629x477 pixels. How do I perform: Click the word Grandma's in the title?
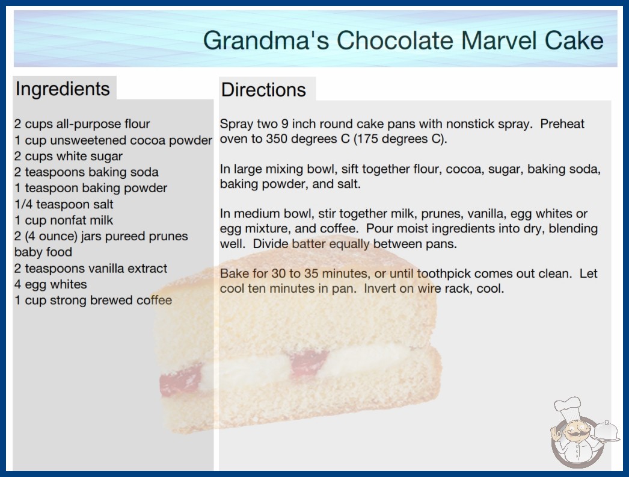[x=266, y=41]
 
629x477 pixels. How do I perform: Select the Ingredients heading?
[x=63, y=89]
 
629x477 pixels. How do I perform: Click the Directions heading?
[x=263, y=90]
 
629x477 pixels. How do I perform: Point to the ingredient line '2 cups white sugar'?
[x=68, y=156]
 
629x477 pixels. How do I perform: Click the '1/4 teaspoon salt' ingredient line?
[x=64, y=204]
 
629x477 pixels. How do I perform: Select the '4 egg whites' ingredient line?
[x=51, y=284]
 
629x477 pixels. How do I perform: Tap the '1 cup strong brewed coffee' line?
[x=93, y=300]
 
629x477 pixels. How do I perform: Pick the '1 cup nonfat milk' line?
[x=64, y=220]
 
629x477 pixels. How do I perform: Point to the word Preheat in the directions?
[x=562, y=124]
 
